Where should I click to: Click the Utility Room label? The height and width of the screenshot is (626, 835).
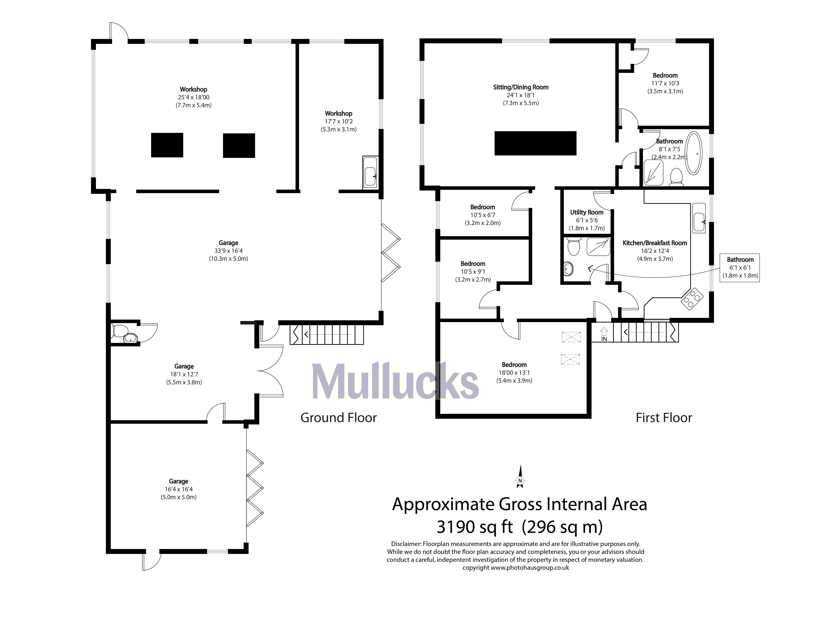click(587, 212)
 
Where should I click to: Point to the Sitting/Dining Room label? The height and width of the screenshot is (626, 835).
click(520, 87)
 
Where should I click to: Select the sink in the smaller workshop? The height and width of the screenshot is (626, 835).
click(370, 172)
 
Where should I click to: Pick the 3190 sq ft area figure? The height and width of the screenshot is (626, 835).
click(475, 527)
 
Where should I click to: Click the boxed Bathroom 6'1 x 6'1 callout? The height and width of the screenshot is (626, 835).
click(740, 267)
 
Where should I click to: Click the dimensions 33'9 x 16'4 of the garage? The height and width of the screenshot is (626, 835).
click(228, 251)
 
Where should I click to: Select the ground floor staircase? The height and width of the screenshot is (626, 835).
click(326, 334)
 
